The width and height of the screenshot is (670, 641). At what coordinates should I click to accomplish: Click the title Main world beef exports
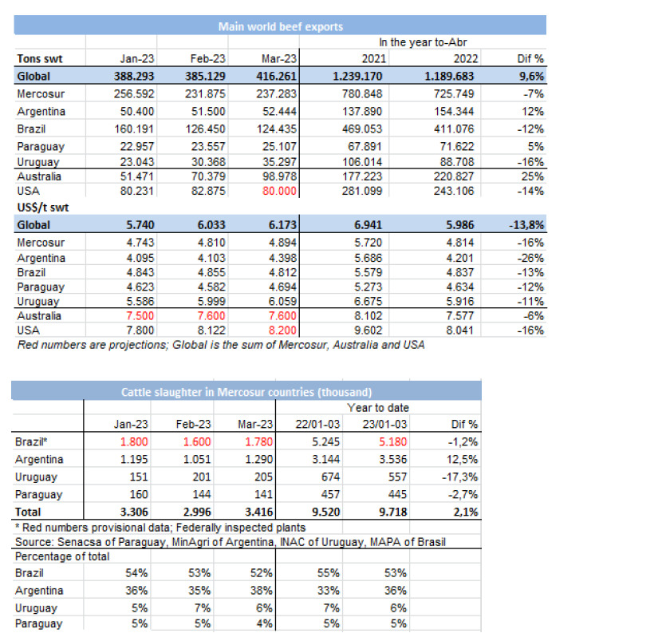click(x=281, y=26)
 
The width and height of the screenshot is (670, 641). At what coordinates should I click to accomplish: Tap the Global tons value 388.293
click(x=134, y=77)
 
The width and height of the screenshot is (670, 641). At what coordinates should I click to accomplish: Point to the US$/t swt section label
click(x=41, y=208)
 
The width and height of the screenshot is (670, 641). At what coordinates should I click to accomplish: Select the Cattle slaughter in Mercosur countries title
click(x=246, y=392)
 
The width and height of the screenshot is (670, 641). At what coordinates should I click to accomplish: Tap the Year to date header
click(x=377, y=408)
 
